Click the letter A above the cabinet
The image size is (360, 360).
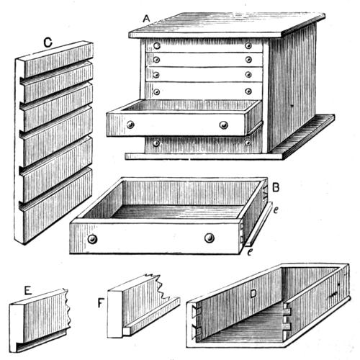coord(146,19)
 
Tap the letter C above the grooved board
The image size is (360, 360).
coord(48,42)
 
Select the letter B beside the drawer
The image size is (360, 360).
coord(276,187)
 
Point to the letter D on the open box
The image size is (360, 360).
coord(253,294)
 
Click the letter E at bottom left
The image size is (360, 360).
coord(28,291)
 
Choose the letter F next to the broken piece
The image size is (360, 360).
coord(101,303)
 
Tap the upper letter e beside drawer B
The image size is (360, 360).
coord(276,210)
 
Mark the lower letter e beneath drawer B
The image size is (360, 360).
coord(250,252)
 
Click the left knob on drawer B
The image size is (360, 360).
coord(92,239)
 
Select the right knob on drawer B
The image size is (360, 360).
coord(210,238)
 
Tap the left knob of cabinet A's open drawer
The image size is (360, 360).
coord(130,125)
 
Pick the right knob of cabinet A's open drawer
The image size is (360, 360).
coord(223,125)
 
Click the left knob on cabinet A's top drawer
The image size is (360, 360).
coord(157,45)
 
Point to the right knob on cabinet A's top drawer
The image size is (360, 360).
coord(248,45)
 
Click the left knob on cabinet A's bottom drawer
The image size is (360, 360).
coord(156,143)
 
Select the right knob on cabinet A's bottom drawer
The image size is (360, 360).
coord(248,143)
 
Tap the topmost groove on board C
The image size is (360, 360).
coord(57,71)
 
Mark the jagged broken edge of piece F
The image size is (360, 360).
coord(161,287)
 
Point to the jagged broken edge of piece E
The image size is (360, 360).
coord(68,310)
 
